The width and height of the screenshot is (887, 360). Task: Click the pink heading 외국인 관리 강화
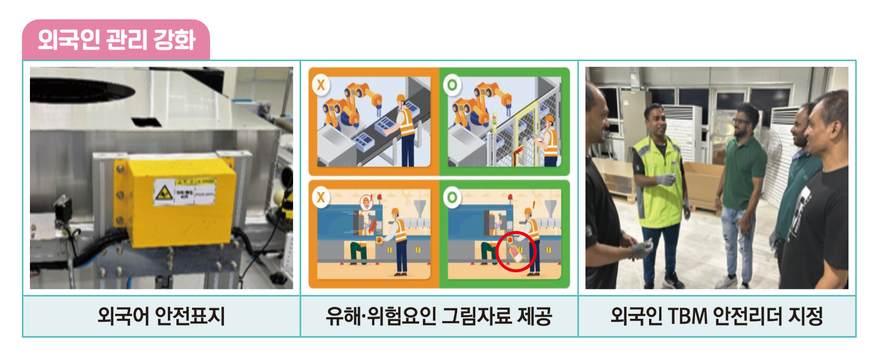click(116, 40)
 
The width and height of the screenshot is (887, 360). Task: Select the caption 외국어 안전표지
click(161, 316)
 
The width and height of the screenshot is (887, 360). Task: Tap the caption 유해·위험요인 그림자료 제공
click(439, 316)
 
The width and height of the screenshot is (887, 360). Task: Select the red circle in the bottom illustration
click(515, 251)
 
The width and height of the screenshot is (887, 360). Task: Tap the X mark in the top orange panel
click(321, 85)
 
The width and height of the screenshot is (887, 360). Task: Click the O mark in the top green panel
click(452, 85)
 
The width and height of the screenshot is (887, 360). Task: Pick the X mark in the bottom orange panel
click(321, 197)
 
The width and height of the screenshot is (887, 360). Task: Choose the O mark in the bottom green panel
click(452, 197)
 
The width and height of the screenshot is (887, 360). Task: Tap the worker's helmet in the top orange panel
click(401, 99)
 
